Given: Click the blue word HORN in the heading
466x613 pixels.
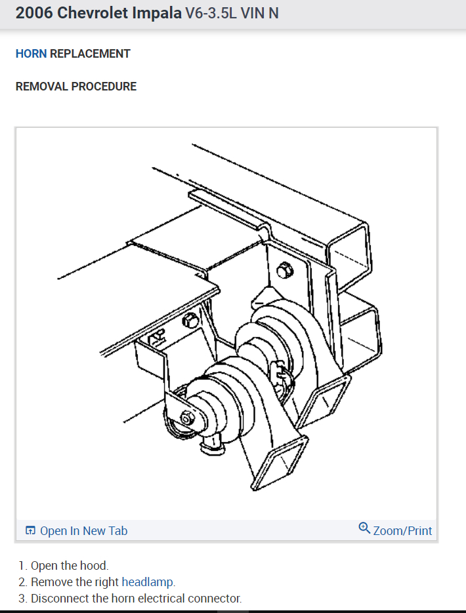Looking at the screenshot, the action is click(31, 54).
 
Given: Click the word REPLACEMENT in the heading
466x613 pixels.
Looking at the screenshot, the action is click(90, 54).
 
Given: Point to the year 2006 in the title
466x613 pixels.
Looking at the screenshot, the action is click(34, 13).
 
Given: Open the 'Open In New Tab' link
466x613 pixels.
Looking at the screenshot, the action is click(83, 530).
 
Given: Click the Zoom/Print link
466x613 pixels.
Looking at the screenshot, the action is click(402, 530).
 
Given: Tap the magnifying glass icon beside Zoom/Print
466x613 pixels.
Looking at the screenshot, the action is click(364, 528).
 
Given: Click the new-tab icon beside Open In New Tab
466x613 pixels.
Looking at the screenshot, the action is click(30, 530).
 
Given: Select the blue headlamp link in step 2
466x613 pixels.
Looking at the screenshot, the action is click(148, 582).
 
